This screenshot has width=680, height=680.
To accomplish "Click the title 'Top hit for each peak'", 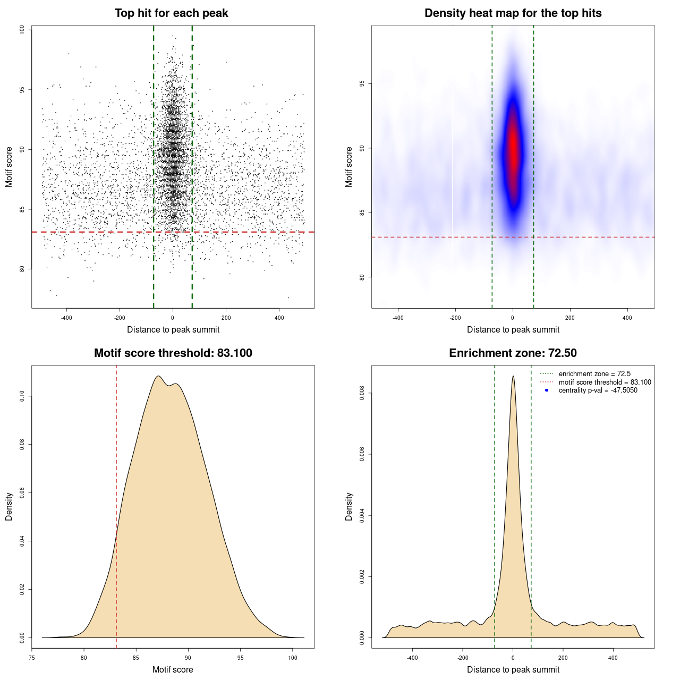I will point(172,13).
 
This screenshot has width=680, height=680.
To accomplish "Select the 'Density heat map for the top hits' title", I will point(513,13).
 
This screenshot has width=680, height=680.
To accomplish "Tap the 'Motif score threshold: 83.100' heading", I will point(173,353).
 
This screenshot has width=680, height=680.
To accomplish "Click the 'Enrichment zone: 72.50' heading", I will point(513,353).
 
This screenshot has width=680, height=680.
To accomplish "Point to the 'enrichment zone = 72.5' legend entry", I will point(594,374).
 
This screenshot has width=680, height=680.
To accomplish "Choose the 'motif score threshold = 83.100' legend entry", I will point(605,382).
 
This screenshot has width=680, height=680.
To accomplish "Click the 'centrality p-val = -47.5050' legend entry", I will point(598,390).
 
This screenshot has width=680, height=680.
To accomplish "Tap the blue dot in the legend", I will point(547,390).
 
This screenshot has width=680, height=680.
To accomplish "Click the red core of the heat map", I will point(513,151).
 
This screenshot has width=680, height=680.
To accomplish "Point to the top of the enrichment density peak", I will point(513,377).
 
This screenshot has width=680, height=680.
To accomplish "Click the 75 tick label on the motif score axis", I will point(32,658).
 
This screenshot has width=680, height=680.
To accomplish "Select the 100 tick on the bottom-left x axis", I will point(293,658).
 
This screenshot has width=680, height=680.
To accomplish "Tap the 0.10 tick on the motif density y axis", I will point(22,396).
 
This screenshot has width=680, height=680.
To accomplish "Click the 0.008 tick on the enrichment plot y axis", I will point(362,393).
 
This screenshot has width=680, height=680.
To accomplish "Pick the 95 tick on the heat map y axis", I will point(362,84).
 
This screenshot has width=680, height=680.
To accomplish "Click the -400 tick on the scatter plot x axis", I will point(66,318).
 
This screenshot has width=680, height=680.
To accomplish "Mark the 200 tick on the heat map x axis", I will point(570,318).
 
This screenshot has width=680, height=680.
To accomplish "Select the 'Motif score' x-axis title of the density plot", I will point(173,669).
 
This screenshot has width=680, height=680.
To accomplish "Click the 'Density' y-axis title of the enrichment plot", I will point(349,506).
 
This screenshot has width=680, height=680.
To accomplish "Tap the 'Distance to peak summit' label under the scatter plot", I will point(173,329).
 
